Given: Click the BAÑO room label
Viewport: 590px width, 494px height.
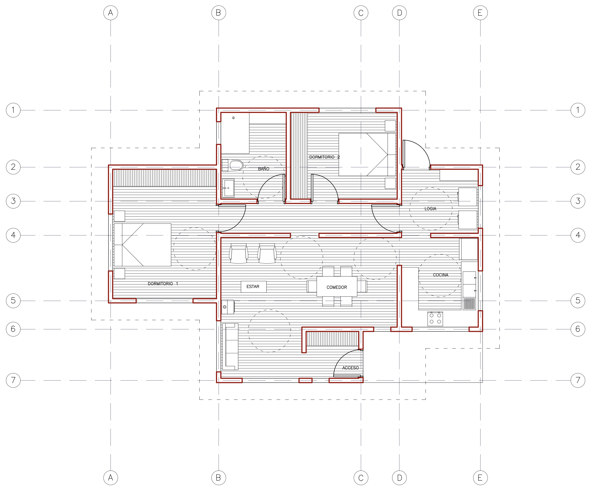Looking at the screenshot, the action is pos(264,169).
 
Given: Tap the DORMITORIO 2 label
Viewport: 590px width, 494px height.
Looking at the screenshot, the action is pos(324,157).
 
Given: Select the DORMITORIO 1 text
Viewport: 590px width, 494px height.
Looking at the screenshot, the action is pos(163,284).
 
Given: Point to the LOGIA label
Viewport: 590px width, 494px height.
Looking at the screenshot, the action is pos(431,209).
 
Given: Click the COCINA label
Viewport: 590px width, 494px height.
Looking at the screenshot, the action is pos(440,275).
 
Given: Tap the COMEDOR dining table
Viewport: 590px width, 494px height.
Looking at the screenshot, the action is pos(337,286).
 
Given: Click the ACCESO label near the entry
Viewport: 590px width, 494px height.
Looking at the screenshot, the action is pos(350,368).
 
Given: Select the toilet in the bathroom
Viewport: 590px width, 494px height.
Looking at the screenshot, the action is pos(233,165).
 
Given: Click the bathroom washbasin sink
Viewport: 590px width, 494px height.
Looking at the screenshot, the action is pos(228,188).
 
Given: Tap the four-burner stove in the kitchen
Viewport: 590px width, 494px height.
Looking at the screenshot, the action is pos(435,319).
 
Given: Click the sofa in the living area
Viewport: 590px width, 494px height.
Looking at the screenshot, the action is pos(230,347).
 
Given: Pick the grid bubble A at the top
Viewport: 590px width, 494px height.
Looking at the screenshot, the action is pos(111,13).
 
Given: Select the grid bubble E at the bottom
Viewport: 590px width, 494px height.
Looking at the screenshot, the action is pos(480,478).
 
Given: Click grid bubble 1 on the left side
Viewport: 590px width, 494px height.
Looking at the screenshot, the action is pos(13,110).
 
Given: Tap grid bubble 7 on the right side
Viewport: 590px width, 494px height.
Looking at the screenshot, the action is pos(578,380).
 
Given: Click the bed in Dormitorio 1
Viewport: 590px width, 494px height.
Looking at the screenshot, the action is pos(142,245).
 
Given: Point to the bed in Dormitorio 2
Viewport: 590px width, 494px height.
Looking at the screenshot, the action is pos(367,154).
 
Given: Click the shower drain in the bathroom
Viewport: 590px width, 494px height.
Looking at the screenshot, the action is pos(233,118).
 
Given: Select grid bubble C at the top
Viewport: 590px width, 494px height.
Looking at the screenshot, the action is pos(361,13).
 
